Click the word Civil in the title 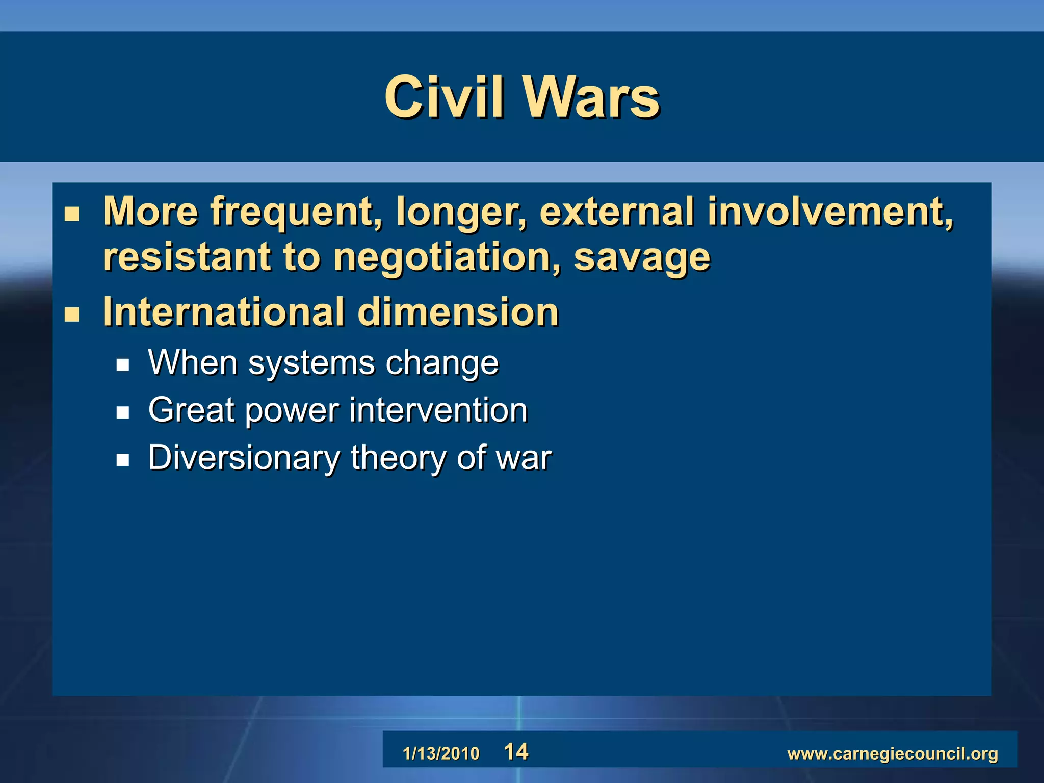tap(444, 97)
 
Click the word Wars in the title tap(591, 97)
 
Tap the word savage tap(642, 257)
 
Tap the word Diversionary tap(244, 458)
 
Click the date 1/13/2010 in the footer tap(441, 753)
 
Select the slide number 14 tap(516, 752)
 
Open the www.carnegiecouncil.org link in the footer tap(893, 753)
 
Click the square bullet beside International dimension tap(72, 315)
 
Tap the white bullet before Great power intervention tap(122, 412)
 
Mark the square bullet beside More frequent tap(72, 214)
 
